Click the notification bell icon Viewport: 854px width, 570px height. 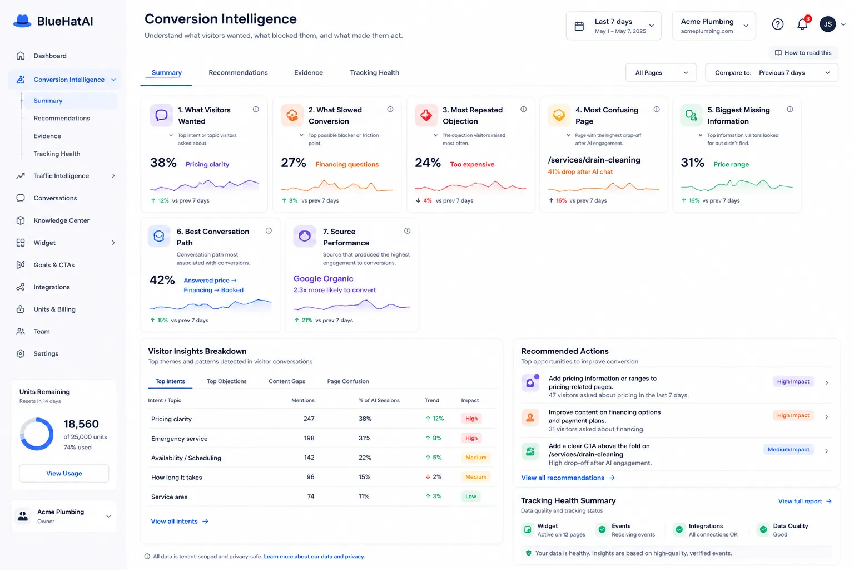pos(802,25)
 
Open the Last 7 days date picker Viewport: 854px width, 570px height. pos(613,26)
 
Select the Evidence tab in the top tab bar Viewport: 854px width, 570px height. pos(308,72)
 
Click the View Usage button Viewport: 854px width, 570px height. pos(64,473)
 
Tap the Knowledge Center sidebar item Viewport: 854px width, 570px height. pos(61,220)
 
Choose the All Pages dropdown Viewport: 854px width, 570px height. pos(661,72)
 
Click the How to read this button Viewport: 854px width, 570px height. pos(803,53)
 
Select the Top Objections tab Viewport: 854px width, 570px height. pos(226,381)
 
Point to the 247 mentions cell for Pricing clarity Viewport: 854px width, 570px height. pos(309,419)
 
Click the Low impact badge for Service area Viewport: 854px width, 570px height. pos(470,497)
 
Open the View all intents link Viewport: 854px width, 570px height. pos(180,521)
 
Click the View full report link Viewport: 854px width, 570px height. pos(805,501)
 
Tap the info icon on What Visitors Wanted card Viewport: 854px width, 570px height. pos(256,109)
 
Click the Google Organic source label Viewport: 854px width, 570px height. pos(323,278)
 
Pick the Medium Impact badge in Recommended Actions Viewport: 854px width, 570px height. pos(788,449)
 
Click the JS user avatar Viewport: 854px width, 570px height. pos(828,24)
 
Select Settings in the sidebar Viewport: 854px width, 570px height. pos(46,353)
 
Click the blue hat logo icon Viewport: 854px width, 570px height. pos(22,21)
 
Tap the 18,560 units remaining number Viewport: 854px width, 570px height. pos(81,424)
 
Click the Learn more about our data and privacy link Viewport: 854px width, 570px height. pos(314,556)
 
